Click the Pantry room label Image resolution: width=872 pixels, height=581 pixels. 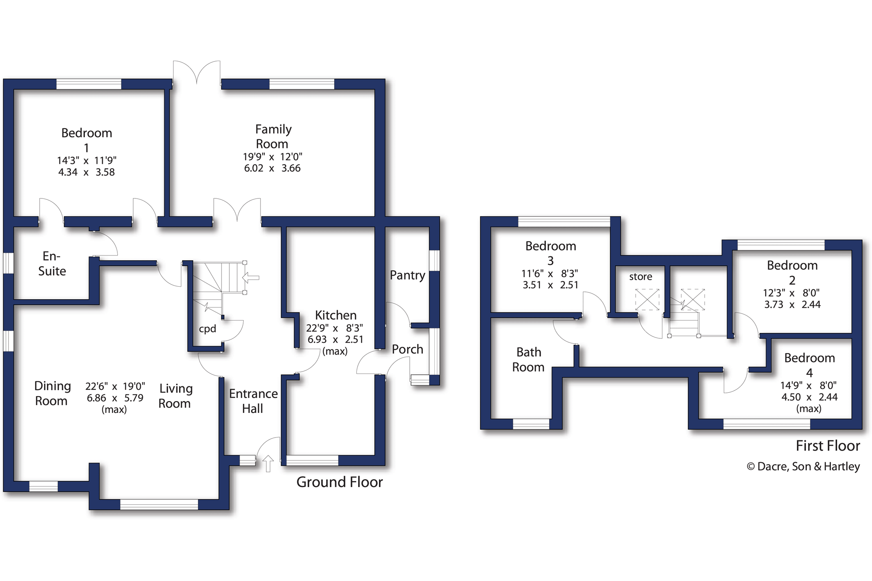[x=407, y=276]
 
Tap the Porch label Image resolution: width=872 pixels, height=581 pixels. [x=407, y=349]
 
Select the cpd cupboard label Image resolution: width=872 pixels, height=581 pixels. [x=208, y=329]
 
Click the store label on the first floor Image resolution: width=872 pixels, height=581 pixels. [x=641, y=277]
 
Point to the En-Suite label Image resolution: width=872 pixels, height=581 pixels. [x=52, y=264]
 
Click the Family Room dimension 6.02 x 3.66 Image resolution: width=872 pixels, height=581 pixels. [x=272, y=168]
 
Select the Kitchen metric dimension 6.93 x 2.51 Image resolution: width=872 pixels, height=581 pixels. [x=336, y=339]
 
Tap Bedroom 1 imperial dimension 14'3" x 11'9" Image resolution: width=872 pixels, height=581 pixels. [x=87, y=160]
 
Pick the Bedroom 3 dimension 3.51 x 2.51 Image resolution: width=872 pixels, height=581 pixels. [x=550, y=285]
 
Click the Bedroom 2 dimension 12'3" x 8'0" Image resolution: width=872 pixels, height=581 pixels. [x=792, y=293]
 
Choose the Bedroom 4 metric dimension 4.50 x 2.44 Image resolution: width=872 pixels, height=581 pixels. [x=809, y=397]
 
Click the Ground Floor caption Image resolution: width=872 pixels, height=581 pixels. [x=340, y=482]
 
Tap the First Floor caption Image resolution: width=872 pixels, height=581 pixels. [x=828, y=446]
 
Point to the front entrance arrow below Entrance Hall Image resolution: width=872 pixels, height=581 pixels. [x=268, y=464]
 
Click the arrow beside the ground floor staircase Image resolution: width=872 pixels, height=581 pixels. [x=251, y=278]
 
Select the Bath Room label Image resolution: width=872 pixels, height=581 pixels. [x=528, y=360]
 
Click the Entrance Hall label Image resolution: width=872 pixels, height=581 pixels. [x=253, y=401]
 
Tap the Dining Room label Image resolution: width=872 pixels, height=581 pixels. [x=52, y=393]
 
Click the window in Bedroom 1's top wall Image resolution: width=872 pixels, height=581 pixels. [x=89, y=84]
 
